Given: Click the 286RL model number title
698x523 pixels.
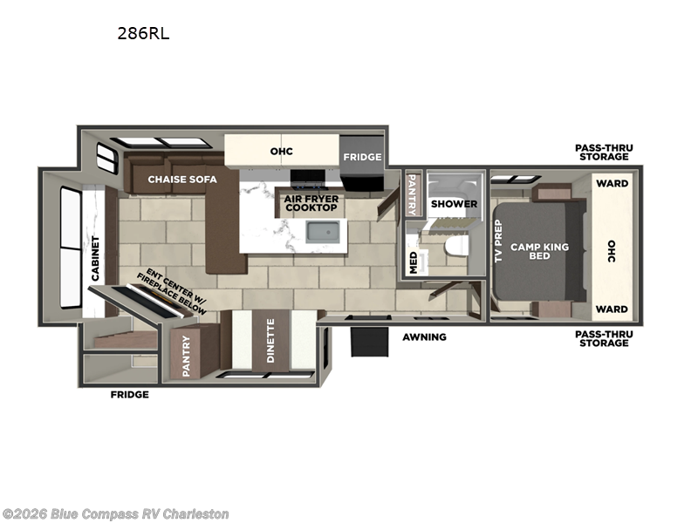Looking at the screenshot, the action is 143,33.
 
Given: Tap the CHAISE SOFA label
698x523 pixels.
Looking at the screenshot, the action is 182,180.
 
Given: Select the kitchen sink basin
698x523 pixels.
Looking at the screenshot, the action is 325,232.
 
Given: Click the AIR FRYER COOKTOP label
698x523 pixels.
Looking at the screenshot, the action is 311,203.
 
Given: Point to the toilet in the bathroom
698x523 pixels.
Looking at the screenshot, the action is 456,246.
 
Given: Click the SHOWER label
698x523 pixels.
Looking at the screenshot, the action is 454,204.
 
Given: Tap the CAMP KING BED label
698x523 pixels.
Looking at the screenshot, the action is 539,251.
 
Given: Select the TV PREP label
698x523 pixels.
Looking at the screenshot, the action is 498,241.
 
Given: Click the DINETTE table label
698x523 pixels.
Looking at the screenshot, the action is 270,341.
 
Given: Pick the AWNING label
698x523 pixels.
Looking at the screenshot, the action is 424,337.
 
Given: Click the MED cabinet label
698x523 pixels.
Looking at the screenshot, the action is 414,262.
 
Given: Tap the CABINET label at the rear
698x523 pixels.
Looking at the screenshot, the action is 95,258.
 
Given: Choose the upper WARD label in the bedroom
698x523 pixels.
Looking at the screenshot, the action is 612,183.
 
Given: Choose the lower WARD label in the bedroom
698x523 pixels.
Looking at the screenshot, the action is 612,309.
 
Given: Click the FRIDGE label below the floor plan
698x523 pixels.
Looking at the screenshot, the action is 129,395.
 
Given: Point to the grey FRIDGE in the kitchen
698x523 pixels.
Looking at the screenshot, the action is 361,163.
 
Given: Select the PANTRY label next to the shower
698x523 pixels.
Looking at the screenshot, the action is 412,194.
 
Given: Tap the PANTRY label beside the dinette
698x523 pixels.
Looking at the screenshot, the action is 186,356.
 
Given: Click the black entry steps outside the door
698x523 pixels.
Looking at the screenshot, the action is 369,342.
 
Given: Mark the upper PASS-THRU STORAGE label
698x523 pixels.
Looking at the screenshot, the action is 604,152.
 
